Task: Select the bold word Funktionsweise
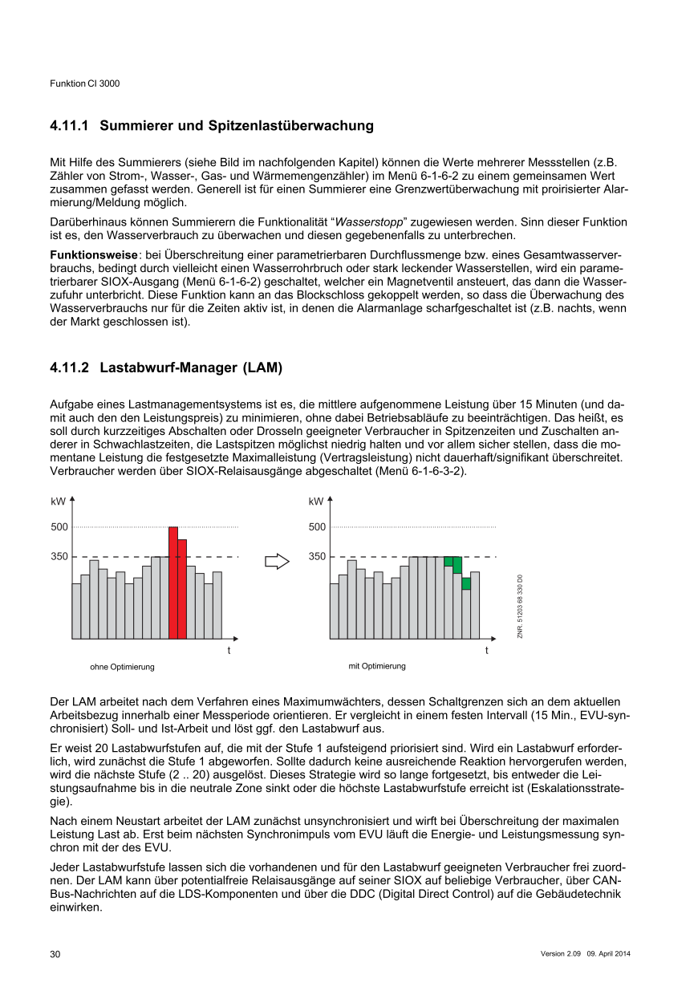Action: pyautogui.click(x=93, y=254)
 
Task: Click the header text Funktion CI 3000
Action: pyautogui.click(x=85, y=83)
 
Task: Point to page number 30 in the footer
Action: pyautogui.click(x=55, y=954)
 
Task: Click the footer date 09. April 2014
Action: pyautogui.click(x=611, y=953)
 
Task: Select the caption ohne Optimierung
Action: pyautogui.click(x=122, y=667)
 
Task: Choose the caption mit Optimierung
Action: pyautogui.click(x=377, y=666)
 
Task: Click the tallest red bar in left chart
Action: pyautogui.click(x=173, y=583)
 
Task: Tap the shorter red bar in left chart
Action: pyautogui.click(x=182, y=589)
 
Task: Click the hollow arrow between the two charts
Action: pyautogui.click(x=277, y=561)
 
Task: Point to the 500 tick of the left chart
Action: pyautogui.click(x=59, y=527)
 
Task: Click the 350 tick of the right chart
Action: pyautogui.click(x=318, y=556)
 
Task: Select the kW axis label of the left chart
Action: pyautogui.click(x=57, y=502)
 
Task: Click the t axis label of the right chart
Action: pyautogui.click(x=487, y=650)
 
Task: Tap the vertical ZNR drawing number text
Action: pyautogui.click(x=520, y=606)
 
